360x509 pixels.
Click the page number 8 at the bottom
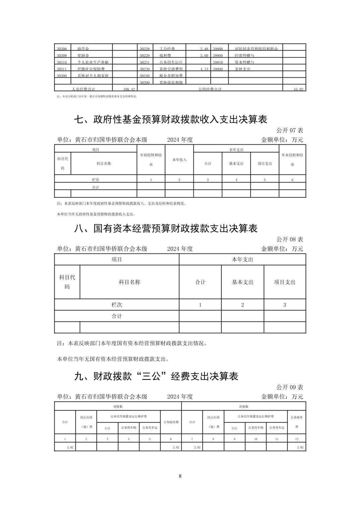tap(180, 476)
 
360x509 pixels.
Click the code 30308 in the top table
tap(62, 49)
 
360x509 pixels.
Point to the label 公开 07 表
tap(290, 130)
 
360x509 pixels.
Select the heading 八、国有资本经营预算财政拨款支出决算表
tap(166, 228)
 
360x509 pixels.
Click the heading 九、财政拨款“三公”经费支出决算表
tap(156, 376)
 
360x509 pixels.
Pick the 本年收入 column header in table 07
tap(179, 160)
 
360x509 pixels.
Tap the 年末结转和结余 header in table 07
tap(292, 160)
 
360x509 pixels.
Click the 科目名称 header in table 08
tap(129, 282)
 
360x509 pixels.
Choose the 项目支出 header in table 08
tap(285, 282)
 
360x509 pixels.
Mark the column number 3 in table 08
tap(285, 305)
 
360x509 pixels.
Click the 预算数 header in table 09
tap(118, 407)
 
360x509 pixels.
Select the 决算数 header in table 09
tap(244, 407)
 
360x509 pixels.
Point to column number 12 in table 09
tap(297, 439)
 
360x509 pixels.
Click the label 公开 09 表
tap(290, 387)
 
